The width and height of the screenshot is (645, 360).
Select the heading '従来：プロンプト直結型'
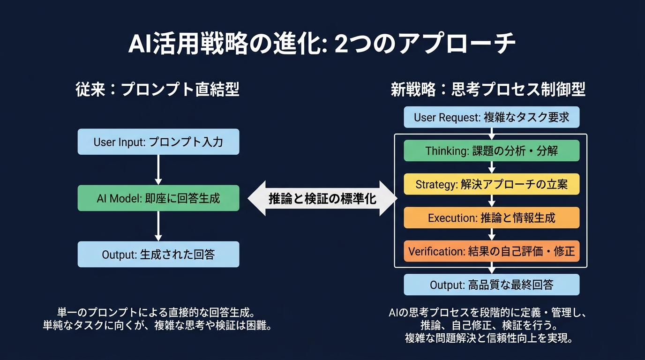pyautogui.click(x=157, y=90)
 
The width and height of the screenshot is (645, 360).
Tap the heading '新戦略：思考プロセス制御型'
pyautogui.click(x=488, y=90)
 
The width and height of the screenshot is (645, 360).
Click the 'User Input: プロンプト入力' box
pyautogui.click(x=158, y=142)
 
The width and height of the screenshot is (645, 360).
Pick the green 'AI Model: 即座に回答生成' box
pyautogui.click(x=158, y=198)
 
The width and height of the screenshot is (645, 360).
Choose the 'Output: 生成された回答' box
pyautogui.click(x=158, y=255)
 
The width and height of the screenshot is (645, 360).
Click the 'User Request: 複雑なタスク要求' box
pyautogui.click(x=491, y=117)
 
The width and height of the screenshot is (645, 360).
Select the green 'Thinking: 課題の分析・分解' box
pyautogui.click(x=491, y=150)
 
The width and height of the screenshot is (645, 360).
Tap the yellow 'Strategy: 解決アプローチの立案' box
pyautogui.click(x=491, y=184)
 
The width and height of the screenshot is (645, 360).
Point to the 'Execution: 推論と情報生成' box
pyautogui.click(x=491, y=218)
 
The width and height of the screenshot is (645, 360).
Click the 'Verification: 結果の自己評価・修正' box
pyautogui.click(x=491, y=251)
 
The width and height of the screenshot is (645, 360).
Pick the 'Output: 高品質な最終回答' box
pyautogui.click(x=491, y=285)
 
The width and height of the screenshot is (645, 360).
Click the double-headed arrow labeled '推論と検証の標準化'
pyautogui.click(x=322, y=198)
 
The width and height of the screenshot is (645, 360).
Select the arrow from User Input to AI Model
pyautogui.click(x=158, y=169)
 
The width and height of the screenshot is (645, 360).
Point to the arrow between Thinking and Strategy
pyautogui.click(x=491, y=167)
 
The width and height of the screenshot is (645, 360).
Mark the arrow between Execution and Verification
pyautogui.click(x=491, y=234)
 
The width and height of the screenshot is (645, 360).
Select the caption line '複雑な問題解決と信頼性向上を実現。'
pyautogui.click(x=488, y=338)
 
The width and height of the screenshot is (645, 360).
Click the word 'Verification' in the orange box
pyautogui.click(x=436, y=251)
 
